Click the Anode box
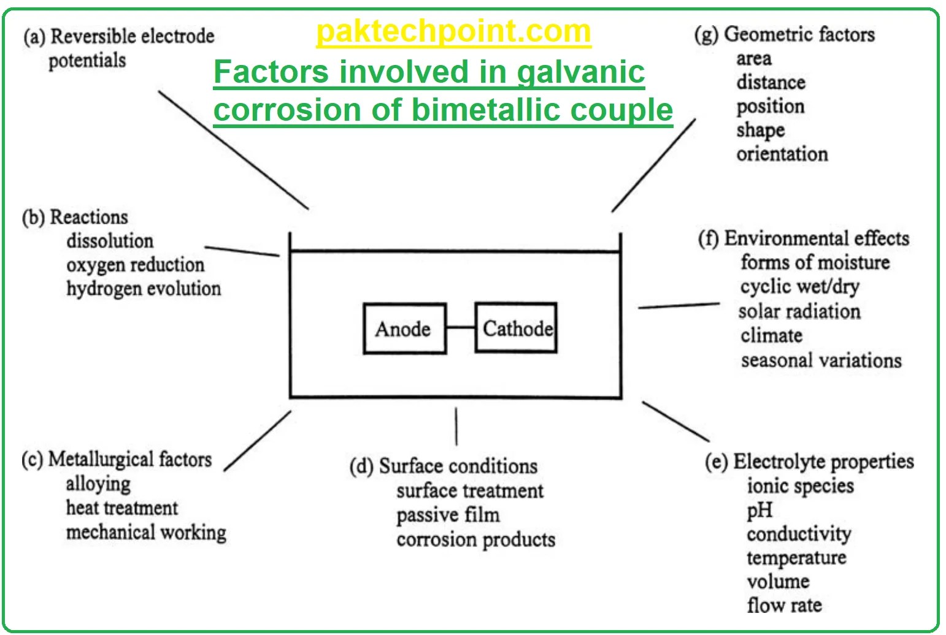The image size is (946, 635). (x=404, y=329)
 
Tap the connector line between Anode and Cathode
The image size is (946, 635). (x=461, y=328)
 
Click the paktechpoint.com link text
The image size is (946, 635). (x=453, y=31)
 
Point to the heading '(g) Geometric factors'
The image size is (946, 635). (x=785, y=34)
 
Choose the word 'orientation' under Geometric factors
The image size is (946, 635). (x=782, y=154)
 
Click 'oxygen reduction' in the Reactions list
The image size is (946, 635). (x=135, y=265)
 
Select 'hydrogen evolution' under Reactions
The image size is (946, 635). (x=144, y=289)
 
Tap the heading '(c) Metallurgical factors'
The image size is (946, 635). (x=117, y=459)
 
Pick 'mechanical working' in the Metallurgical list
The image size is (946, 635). (x=146, y=532)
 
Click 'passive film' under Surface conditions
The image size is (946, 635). (x=448, y=515)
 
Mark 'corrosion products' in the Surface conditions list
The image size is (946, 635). (x=475, y=539)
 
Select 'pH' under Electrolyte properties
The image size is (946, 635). (x=759, y=511)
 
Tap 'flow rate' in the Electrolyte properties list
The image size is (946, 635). (x=784, y=606)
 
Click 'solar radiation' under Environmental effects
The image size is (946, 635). (x=799, y=311)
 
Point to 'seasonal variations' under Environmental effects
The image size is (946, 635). (x=821, y=360)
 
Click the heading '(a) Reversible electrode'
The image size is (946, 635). (x=119, y=36)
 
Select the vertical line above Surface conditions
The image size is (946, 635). (x=456, y=426)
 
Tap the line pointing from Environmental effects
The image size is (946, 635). (x=679, y=305)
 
